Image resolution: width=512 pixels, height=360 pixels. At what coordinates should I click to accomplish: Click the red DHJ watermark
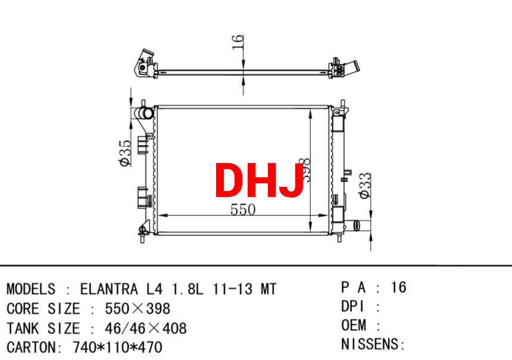[259, 180]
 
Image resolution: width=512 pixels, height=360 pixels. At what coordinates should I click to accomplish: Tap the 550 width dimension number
[243, 209]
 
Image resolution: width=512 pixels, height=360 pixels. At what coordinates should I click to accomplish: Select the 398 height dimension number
[305, 170]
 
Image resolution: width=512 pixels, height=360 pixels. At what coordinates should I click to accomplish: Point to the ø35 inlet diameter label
[126, 153]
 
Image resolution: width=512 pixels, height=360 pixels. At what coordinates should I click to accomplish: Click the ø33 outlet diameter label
[365, 186]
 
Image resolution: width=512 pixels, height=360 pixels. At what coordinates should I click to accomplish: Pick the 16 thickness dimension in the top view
[238, 42]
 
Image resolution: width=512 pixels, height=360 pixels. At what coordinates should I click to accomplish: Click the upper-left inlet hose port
[144, 113]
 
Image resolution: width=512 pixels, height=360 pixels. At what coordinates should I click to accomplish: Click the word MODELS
[31, 289]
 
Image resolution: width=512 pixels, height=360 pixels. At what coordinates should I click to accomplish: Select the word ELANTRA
[109, 289]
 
